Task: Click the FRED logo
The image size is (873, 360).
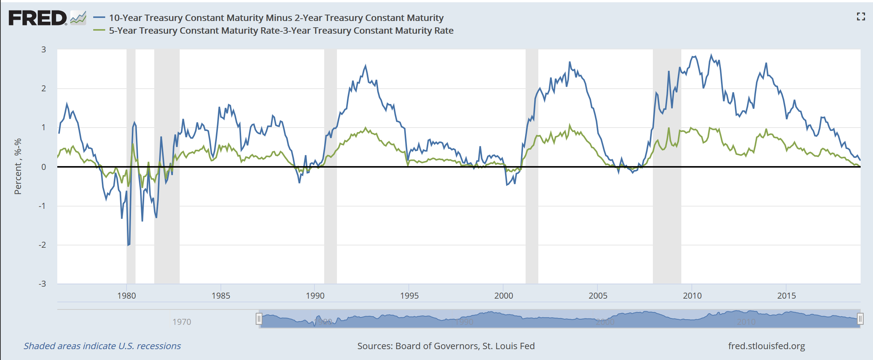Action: (37, 18)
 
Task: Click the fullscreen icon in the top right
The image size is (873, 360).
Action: (861, 16)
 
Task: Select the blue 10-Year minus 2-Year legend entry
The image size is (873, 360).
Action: (276, 18)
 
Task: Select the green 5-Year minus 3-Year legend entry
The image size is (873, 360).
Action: (281, 31)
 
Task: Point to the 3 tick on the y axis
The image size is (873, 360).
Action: (44, 49)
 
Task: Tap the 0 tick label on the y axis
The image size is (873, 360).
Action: (44, 167)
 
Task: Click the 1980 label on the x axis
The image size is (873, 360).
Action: (127, 296)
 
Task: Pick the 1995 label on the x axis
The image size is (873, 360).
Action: (409, 296)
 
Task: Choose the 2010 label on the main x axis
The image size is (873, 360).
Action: (692, 296)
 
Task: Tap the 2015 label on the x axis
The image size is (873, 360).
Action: (786, 296)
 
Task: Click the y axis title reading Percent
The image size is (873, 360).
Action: (18, 167)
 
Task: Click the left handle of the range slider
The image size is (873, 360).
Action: (259, 319)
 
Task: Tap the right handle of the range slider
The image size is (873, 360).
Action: (860, 319)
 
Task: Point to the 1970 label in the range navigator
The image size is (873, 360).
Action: (182, 322)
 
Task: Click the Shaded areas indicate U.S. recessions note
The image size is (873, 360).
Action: (102, 346)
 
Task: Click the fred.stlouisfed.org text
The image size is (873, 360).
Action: (766, 346)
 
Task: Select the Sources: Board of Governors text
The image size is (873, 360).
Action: (446, 346)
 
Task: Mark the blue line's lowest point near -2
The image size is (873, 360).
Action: (128, 245)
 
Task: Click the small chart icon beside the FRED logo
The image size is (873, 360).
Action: (78, 18)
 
